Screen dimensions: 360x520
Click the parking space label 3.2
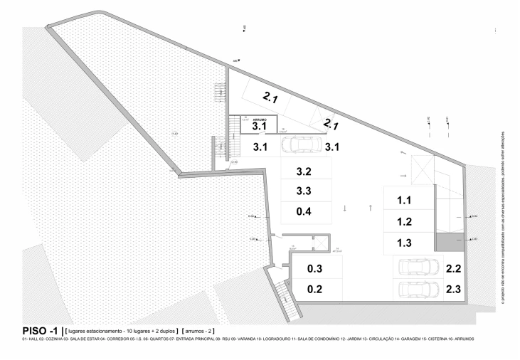(304, 172)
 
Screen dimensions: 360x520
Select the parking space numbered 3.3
(304, 191)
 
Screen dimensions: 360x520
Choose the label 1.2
(405, 221)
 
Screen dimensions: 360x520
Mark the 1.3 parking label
(405, 242)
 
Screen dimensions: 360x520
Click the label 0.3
(315, 269)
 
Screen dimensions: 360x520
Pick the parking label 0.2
(315, 290)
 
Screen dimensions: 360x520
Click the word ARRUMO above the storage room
(259, 120)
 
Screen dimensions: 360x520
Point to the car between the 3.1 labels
(301, 145)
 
